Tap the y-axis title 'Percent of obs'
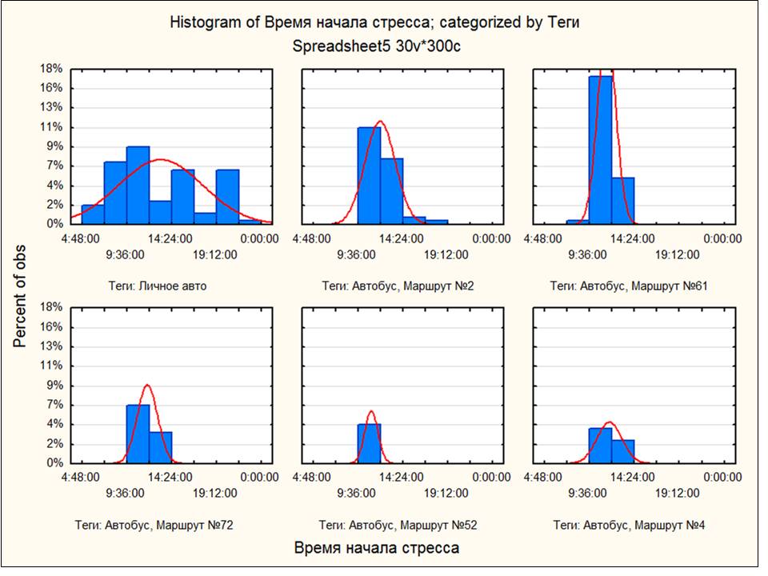pyautogui.click(x=20, y=296)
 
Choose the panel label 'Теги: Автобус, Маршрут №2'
pyautogui.click(x=398, y=286)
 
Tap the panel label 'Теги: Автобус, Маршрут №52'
pyautogui.click(x=398, y=526)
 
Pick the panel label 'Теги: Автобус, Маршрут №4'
pyautogui.click(x=629, y=526)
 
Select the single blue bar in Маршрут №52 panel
pyautogui.click(x=369, y=443)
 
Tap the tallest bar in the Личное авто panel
pyautogui.click(x=138, y=185)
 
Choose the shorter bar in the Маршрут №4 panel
pyautogui.click(x=622, y=451)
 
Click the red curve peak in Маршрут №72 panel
pyautogui.click(x=147, y=386)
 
